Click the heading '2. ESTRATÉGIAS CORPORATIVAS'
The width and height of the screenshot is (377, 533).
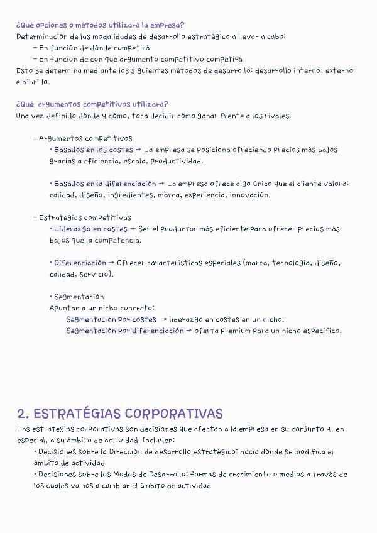(120, 414)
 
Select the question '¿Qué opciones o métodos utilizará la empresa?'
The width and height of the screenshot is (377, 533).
(100, 25)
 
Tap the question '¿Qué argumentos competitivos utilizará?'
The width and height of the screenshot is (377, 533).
(92, 104)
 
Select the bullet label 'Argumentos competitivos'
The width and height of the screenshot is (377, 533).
(85, 138)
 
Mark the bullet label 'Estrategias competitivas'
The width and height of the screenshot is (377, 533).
(85, 217)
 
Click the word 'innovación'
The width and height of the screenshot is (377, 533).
(249, 195)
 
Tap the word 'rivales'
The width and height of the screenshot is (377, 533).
(276, 116)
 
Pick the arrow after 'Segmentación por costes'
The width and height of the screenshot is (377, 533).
(164, 319)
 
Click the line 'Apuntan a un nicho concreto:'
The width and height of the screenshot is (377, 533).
(101, 308)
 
